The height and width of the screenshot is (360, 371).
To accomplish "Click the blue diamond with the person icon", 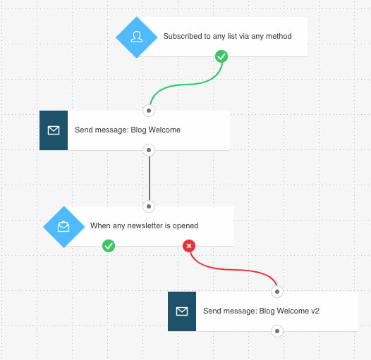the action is [137, 37].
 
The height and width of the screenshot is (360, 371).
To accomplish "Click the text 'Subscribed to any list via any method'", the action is [227, 36].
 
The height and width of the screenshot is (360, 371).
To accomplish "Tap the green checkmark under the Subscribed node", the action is [221, 56].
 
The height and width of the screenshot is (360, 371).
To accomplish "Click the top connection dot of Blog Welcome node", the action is [149, 111].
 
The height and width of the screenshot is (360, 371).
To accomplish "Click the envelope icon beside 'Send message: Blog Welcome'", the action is [54, 130].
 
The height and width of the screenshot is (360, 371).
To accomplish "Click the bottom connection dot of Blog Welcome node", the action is [149, 150].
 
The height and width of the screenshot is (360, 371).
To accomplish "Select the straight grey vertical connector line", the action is [150, 178].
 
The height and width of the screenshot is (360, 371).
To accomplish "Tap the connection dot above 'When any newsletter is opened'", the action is [149, 206].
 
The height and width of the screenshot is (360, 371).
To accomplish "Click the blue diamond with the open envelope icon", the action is [64, 227].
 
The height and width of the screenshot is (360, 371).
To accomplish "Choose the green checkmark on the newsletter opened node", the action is [109, 246].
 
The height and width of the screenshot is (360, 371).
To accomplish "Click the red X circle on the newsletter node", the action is [189, 246].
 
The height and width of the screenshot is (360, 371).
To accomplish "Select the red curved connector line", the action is [233, 269].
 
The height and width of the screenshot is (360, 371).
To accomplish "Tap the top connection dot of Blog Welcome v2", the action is [277, 292].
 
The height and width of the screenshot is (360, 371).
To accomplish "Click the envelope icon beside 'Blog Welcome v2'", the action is [182, 311].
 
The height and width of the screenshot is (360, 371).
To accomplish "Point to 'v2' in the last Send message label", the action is [315, 311].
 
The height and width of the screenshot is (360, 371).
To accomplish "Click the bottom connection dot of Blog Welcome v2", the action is [277, 331].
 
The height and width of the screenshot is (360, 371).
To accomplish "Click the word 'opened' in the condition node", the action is [185, 226].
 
